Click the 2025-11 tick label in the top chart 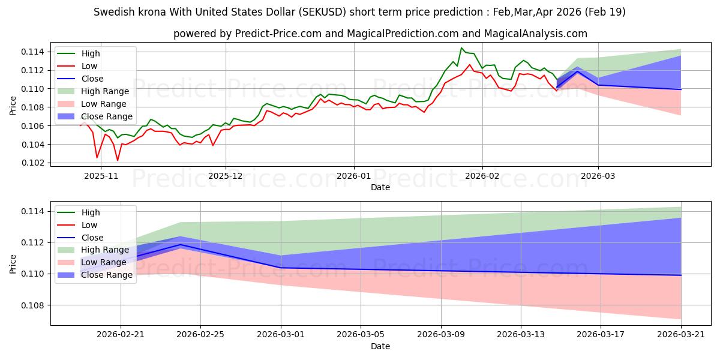[x=101, y=176]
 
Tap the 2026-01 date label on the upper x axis [x=354, y=176]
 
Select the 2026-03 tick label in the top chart [x=598, y=176]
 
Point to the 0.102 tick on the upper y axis [x=33, y=163]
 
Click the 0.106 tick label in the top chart [x=33, y=126]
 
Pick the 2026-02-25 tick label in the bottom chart [x=200, y=335]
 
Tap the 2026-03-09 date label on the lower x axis [x=441, y=335]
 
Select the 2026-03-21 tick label [x=681, y=335]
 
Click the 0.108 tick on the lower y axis [x=33, y=305]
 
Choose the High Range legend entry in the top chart [x=93, y=91]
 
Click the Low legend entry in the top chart [x=77, y=66]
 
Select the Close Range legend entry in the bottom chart [x=95, y=275]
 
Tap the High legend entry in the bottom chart [x=79, y=212]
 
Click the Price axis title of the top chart [x=13, y=106]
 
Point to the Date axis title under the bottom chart [x=380, y=346]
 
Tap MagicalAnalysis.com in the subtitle [x=535, y=34]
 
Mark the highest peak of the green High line [x=461, y=48]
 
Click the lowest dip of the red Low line [x=118, y=160]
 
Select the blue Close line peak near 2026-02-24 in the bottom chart [x=181, y=245]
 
